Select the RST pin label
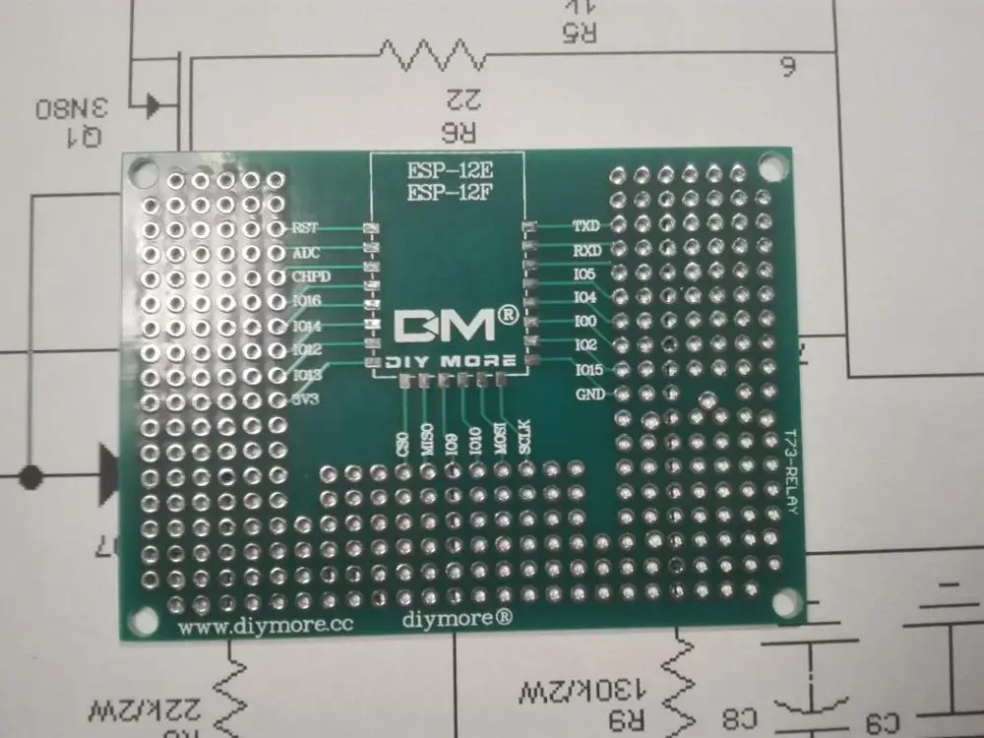(x=305, y=228)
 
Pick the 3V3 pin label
(x=306, y=399)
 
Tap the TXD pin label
(x=586, y=226)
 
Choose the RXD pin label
(x=586, y=250)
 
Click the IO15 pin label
(x=587, y=370)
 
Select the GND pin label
(x=588, y=395)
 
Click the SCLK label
(x=524, y=435)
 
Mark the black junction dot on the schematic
(x=31, y=477)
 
